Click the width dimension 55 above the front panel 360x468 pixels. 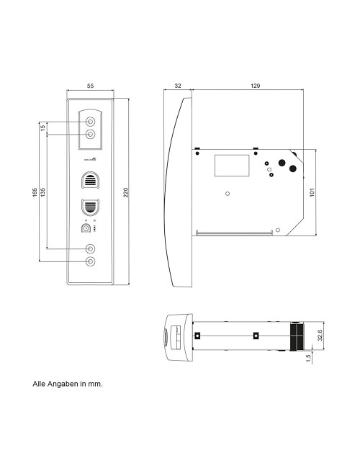pyautogui.click(x=90, y=86)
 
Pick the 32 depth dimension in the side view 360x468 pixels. pyautogui.click(x=178, y=86)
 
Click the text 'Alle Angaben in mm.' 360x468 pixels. pyautogui.click(x=68, y=384)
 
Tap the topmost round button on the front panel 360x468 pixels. pyautogui.click(x=91, y=122)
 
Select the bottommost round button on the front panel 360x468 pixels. pyautogui.click(x=91, y=261)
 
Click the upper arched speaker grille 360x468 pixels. pyautogui.click(x=91, y=179)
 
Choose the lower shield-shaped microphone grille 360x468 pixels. pyautogui.click(x=91, y=207)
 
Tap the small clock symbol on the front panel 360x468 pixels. pyautogui.click(x=86, y=228)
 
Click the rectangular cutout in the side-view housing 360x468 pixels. pyautogui.click(x=230, y=165)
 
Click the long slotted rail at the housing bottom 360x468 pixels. pyautogui.click(x=235, y=233)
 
